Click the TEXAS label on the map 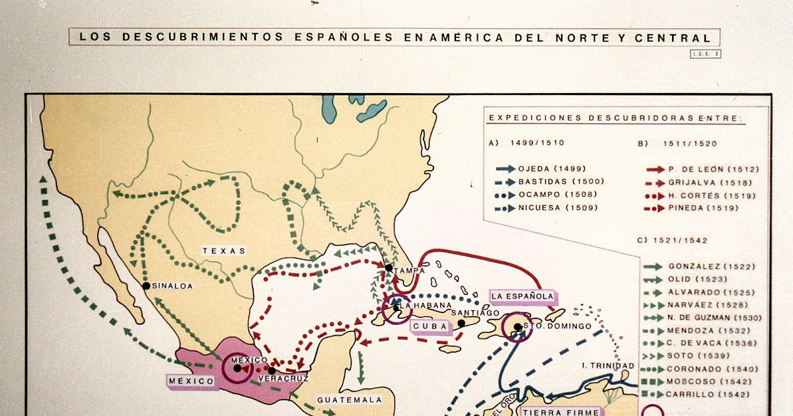coord(224,251)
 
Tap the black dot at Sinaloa coord(146,286)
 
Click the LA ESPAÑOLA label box coord(522,296)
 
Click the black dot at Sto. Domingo coord(517,326)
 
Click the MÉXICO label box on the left coord(190,381)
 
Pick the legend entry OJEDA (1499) coord(552,169)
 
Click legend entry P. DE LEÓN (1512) coord(703,169)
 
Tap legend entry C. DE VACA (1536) coord(699,343)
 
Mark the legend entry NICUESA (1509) coord(557,208)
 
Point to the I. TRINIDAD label coord(608,366)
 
